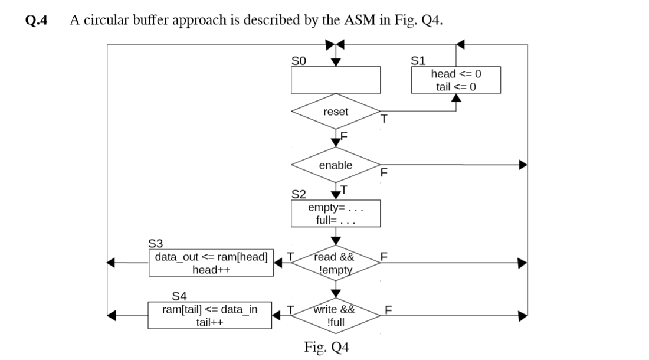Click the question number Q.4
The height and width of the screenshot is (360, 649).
pos(37,20)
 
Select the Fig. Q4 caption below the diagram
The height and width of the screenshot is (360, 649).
pos(326,346)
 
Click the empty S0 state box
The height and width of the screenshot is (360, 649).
pos(335,80)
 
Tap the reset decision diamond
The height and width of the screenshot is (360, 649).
pos(335,112)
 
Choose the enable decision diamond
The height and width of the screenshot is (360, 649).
pos(335,165)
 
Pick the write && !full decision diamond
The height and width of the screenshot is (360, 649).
pos(335,316)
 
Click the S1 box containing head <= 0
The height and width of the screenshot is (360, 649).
pos(456,80)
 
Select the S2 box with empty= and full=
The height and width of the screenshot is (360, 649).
pos(335,214)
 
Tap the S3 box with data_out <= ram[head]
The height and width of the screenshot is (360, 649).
pos(211,263)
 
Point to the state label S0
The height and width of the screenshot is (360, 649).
pos(299,60)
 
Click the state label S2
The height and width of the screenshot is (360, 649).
pos(299,194)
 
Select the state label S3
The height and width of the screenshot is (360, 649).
pos(155,243)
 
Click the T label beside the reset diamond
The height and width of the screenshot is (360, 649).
pos(383,119)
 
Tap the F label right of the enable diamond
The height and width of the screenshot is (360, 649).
pos(383,173)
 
